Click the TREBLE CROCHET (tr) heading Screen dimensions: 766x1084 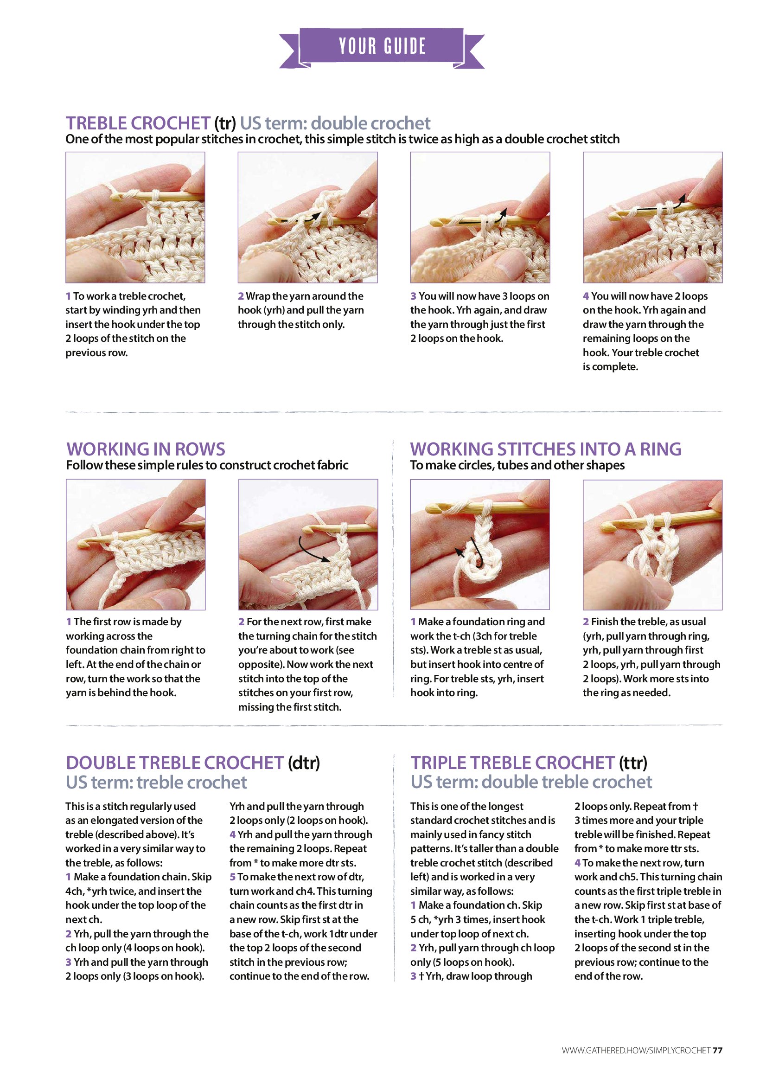151,123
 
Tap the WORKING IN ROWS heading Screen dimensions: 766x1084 146,449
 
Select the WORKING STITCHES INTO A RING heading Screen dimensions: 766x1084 546,449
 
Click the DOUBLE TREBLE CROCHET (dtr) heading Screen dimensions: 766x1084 193,763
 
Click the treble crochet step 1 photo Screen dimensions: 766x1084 135,217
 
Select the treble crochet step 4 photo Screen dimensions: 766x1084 653,217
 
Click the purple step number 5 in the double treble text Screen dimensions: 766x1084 233,877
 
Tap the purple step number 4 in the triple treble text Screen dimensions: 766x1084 577,863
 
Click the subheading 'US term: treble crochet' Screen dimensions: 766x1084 156,783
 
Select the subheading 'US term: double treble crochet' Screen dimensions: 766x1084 531,783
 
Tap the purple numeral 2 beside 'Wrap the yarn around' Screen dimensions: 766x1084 241,296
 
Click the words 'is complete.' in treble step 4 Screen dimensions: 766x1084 610,367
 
